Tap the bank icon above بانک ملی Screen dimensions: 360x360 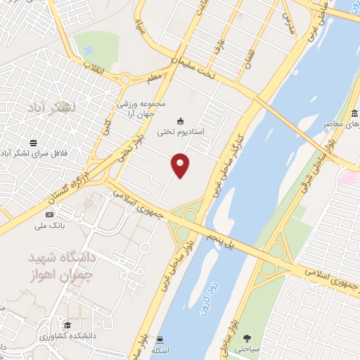coord(49,214)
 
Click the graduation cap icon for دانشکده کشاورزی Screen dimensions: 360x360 coord(68,325)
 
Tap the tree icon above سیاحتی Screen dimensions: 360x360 coord(245,338)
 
